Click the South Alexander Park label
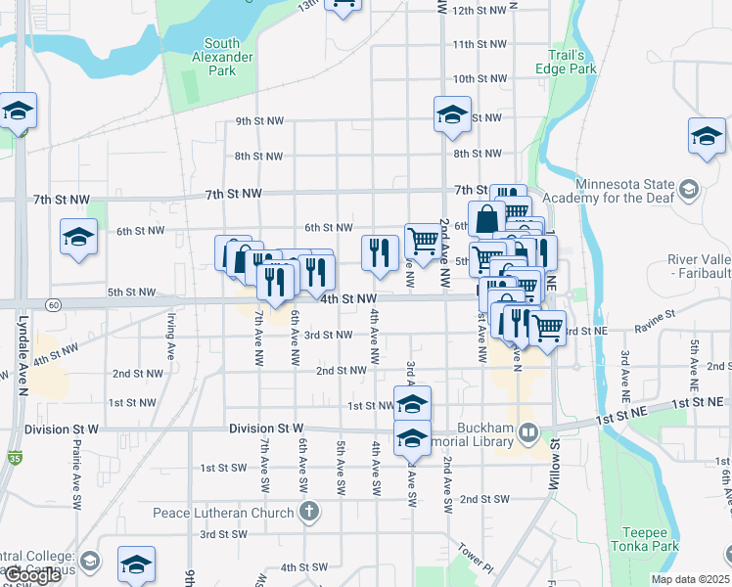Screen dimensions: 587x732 pos(222,57)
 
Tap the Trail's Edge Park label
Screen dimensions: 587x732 pos(567,62)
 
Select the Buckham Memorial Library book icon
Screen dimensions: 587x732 pos(528,430)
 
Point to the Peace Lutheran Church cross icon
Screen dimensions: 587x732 pos(309,512)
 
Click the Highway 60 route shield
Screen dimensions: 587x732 pos(53,304)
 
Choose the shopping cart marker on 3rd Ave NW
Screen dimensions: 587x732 pos(423,241)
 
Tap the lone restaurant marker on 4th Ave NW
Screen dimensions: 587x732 pos(379,252)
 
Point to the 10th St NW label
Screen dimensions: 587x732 pos(479,78)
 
